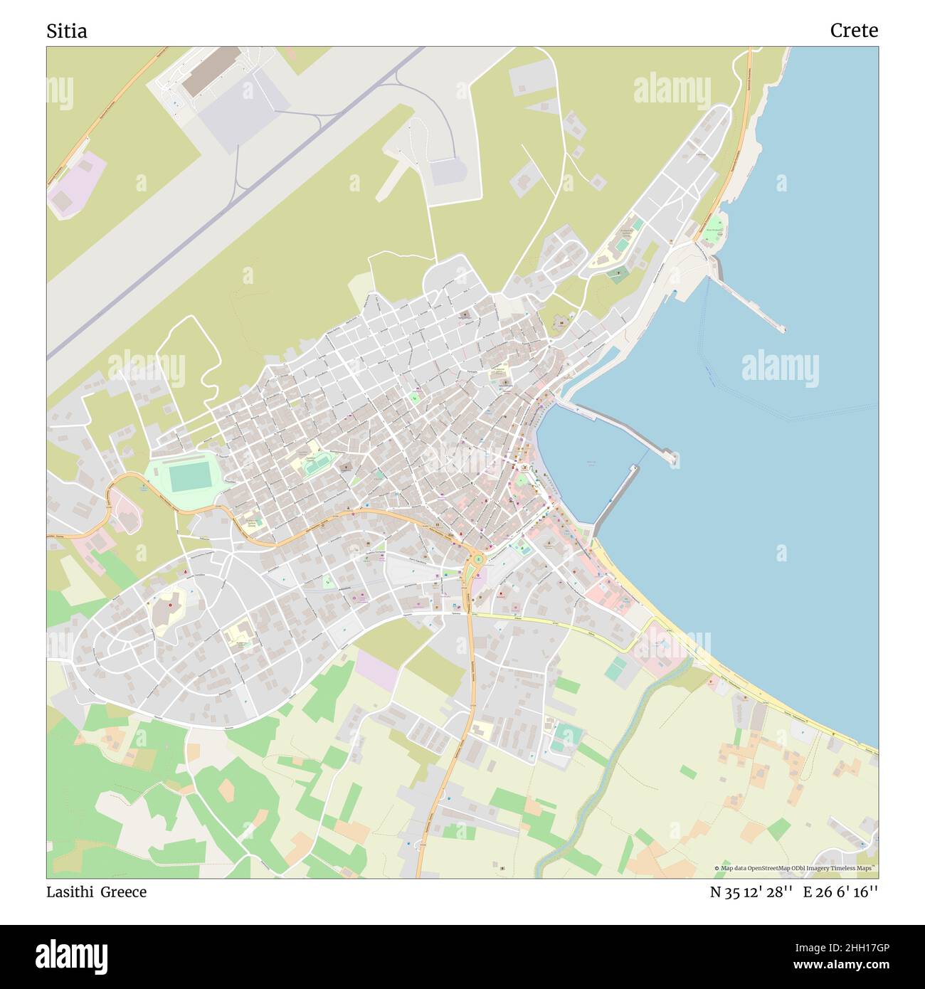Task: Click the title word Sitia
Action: point(67,31)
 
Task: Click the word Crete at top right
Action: point(853,31)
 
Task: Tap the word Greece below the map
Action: point(123,892)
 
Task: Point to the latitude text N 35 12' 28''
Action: point(751,892)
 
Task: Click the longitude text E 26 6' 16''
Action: point(840,892)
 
